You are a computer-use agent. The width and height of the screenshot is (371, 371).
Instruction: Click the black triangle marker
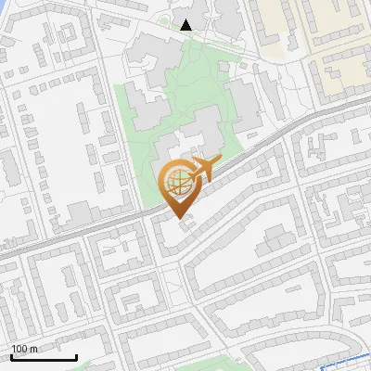click(186, 24)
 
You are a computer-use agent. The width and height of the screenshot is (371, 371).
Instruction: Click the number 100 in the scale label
click(19, 349)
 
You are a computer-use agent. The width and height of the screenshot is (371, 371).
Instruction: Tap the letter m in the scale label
click(33, 349)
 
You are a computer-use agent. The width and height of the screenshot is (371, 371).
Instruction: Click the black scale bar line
click(44, 357)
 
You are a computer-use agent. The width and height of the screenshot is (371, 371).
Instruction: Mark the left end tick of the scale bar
click(11, 355)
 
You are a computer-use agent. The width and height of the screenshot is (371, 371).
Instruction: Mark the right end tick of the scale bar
click(76, 355)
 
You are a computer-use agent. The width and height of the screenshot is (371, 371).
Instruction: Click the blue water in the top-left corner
click(5, 6)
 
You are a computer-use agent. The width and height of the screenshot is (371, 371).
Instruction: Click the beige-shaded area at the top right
click(343, 37)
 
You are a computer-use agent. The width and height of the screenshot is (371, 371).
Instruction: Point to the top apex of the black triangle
click(186, 19)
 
